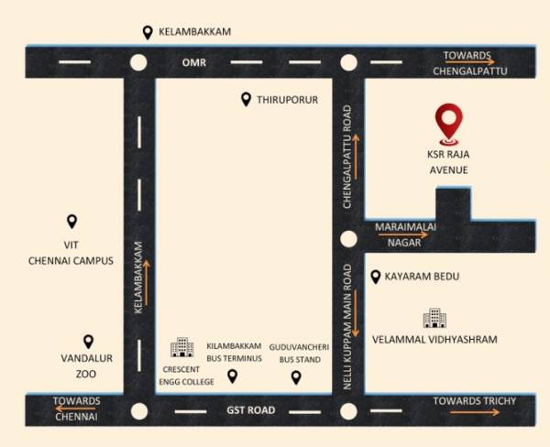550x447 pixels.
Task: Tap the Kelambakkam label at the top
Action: [194, 32]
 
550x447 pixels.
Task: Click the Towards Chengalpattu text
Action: [474, 62]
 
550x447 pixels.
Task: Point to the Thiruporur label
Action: [287, 99]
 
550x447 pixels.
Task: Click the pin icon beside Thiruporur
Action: [246, 99]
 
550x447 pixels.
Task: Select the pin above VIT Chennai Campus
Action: [72, 222]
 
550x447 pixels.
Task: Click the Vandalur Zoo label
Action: [85, 367]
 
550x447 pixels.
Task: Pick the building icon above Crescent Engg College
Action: [181, 347]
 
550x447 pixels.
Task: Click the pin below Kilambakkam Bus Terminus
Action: [232, 376]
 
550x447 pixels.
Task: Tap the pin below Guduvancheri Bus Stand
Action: [295, 376]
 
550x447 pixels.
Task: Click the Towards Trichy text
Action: [475, 401]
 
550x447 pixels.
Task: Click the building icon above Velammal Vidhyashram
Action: [434, 318]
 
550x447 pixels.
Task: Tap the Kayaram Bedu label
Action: [422, 277]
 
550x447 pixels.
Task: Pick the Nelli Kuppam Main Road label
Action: [348, 328]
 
